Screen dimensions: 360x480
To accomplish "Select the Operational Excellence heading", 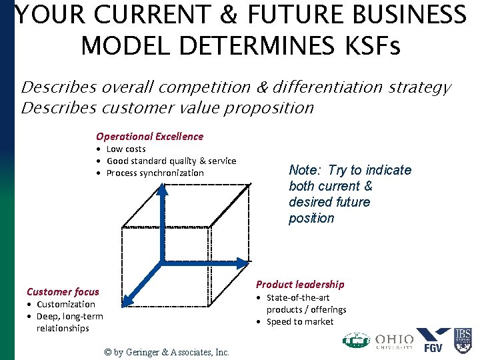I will (149, 136).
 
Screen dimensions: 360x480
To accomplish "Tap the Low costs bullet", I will (125, 149).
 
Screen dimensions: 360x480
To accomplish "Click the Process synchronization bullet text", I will (155, 173).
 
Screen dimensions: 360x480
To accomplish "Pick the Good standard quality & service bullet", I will (171, 161).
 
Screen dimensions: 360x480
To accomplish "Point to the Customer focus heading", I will (63, 291).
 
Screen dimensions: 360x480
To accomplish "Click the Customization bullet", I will (65, 304).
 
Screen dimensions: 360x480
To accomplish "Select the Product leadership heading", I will (300, 284).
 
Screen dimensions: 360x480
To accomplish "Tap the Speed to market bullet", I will (299, 321).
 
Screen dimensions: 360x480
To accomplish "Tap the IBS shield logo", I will (463, 340).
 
